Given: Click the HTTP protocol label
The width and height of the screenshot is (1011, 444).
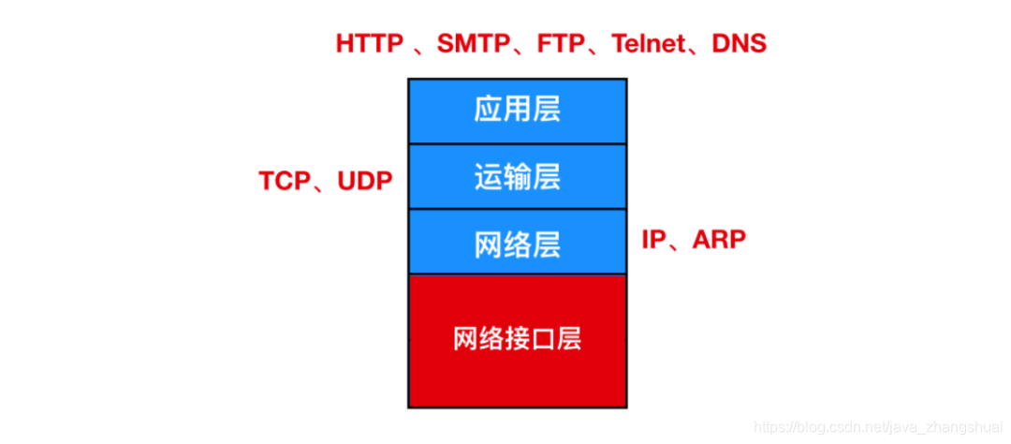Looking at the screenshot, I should point(369,43).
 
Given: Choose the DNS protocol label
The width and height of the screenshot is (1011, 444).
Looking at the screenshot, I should point(738,43).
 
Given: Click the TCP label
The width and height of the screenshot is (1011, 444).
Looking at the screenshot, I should point(284,182).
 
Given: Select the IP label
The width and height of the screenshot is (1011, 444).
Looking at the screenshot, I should point(653,240).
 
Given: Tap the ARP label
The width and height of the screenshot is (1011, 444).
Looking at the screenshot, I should point(719,240).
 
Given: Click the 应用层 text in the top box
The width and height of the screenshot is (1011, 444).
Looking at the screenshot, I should point(517,111).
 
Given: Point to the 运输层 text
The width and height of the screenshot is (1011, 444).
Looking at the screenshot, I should point(517,177).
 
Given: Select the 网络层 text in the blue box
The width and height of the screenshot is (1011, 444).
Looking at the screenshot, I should point(517,244).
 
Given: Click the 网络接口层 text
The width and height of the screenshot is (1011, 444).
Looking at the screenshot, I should point(517,338).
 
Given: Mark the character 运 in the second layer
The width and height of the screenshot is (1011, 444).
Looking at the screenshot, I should point(489,177).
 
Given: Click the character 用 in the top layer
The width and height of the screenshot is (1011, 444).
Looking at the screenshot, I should point(517,111).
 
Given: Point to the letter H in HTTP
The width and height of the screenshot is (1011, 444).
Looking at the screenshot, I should point(344,43).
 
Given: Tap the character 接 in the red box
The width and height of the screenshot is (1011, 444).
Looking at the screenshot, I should point(517,338).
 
